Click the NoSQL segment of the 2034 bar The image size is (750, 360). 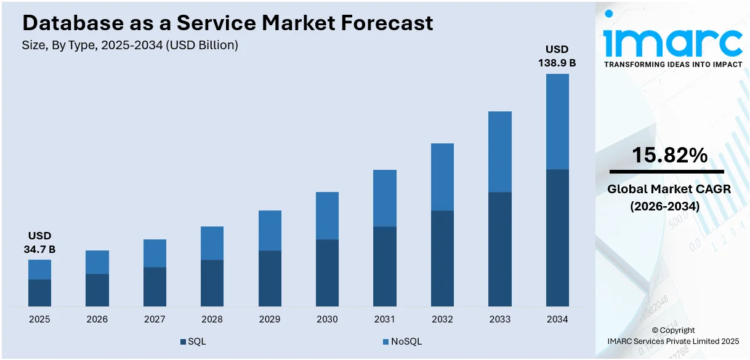pyautogui.click(x=557, y=121)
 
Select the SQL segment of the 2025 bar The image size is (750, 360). pyautogui.click(x=39, y=293)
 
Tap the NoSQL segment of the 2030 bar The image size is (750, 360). pyautogui.click(x=327, y=215)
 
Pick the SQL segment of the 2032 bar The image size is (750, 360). pyautogui.click(x=442, y=258)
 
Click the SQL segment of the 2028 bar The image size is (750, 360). pyautogui.click(x=212, y=283)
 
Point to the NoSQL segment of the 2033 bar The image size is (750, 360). pyautogui.click(x=500, y=151)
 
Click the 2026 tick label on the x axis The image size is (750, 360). pyautogui.click(x=97, y=319)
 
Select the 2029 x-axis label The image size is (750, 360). pyautogui.click(x=270, y=319)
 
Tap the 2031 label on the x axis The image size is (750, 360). pyautogui.click(x=385, y=319)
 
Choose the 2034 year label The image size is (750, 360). pyautogui.click(x=557, y=319)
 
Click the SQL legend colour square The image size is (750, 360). pyautogui.click(x=183, y=342)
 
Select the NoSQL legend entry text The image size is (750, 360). pyautogui.click(x=406, y=342)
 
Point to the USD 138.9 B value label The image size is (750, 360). pyautogui.click(x=557, y=56)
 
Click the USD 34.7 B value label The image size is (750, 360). pyautogui.click(x=39, y=242)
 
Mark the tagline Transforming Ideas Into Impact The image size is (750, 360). pyautogui.click(x=673, y=64)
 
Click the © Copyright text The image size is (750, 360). pyautogui.click(x=673, y=330)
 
